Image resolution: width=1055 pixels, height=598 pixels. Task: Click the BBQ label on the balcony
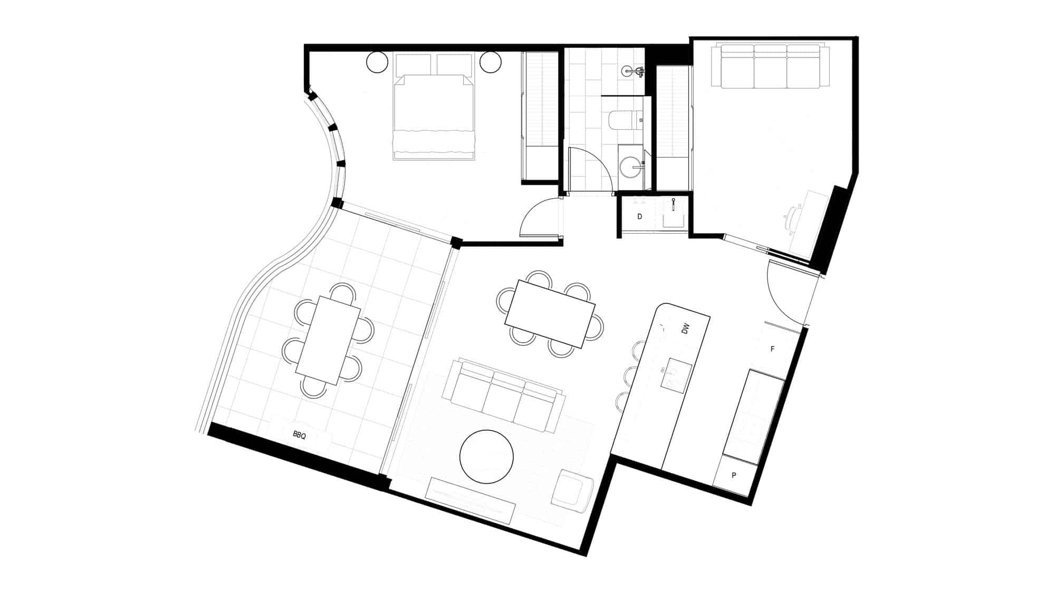pyautogui.click(x=299, y=435)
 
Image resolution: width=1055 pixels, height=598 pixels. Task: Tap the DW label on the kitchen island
pyautogui.click(x=685, y=330)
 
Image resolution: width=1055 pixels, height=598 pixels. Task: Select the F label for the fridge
pyautogui.click(x=773, y=349)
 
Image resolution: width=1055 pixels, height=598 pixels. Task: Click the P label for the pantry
pyautogui.click(x=734, y=475)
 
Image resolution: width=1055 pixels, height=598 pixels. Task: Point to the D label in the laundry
pyautogui.click(x=640, y=216)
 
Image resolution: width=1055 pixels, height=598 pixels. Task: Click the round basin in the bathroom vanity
pyautogui.click(x=630, y=167)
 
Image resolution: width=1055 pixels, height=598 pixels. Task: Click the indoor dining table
pyautogui.click(x=550, y=314)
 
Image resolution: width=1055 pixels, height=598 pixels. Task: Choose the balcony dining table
pyautogui.click(x=328, y=340)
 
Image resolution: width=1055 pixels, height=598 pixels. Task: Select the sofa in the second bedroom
pyautogui.click(x=770, y=66)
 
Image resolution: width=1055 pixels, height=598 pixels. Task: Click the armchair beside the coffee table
pyautogui.click(x=572, y=490)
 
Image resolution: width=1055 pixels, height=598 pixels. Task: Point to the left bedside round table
pyautogui.click(x=378, y=62)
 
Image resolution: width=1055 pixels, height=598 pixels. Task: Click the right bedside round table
pyautogui.click(x=490, y=62)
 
